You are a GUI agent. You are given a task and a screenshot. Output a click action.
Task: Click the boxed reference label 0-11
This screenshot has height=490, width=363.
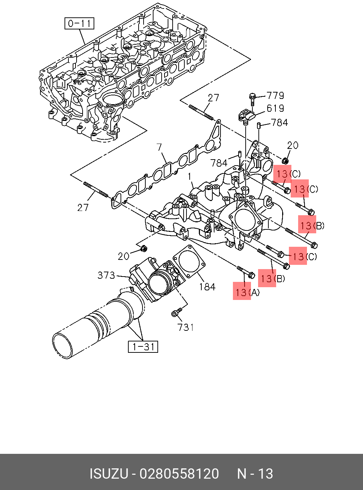pos(79,24)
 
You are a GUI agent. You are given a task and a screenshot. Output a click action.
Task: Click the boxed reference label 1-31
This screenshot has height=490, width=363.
pos(143,347)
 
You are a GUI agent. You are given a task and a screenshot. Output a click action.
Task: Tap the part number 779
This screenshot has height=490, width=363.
pos(275,96)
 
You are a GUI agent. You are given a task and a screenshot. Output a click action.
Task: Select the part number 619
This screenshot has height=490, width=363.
pos(275,108)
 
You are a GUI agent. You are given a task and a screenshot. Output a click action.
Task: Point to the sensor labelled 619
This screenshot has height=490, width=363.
pos(246,116)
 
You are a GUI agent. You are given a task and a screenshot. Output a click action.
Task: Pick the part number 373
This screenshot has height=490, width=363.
pos(106,275)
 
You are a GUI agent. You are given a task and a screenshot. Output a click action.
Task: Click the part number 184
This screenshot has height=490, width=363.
pos(207,287)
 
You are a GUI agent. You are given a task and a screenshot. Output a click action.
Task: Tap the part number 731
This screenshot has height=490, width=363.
pos(186,327)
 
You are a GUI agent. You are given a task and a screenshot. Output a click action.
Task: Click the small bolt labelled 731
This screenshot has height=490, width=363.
pos(177,312)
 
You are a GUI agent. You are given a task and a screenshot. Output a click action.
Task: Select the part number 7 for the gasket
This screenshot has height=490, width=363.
pos(159,147)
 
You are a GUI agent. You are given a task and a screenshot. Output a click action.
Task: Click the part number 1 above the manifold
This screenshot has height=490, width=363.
pos(190,177)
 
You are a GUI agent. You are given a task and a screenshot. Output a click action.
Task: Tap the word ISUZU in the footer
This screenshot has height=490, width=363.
pos(109,474)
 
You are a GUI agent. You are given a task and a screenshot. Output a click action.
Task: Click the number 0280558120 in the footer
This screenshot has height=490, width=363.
pos(179,474)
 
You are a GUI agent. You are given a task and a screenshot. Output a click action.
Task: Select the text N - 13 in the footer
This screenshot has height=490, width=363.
pos(255,474)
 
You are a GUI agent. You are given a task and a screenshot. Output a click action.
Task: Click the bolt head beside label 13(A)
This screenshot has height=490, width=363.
pos(252,275)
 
